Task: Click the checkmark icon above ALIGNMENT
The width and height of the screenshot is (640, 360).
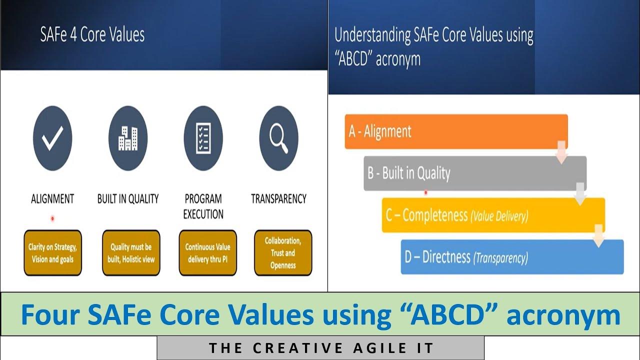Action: (52, 138)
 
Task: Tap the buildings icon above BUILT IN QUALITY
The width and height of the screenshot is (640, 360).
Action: (128, 138)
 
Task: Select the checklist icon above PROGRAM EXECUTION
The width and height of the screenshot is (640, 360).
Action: (203, 138)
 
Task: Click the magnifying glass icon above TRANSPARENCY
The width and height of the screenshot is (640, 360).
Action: (278, 138)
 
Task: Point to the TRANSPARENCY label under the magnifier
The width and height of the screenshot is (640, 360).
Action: (278, 199)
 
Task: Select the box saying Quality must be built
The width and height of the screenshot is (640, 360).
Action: (131, 253)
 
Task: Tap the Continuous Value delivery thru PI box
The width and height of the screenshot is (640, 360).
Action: (207, 253)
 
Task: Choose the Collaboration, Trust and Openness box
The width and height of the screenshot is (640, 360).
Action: (283, 253)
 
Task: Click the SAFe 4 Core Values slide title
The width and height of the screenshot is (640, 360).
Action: (92, 35)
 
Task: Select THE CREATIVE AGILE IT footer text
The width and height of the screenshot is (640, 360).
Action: (320, 348)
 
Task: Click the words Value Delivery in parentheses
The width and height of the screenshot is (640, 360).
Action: (498, 216)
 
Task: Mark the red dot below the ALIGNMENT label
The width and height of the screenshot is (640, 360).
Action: (52, 218)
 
